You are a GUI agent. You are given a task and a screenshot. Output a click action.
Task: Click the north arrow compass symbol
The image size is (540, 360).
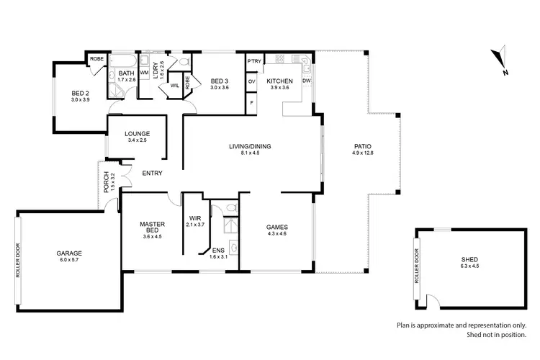click(x=502, y=62)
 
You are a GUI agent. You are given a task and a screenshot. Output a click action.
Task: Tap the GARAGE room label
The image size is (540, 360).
click(x=70, y=253)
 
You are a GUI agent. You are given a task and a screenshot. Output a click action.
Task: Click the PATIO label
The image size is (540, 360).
click(x=361, y=146)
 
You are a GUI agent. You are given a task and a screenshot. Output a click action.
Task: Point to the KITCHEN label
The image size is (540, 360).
click(x=278, y=81)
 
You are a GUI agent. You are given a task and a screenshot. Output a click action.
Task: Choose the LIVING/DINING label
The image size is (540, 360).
click(x=250, y=146)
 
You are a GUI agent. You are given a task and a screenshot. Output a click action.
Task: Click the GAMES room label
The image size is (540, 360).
click(x=277, y=226)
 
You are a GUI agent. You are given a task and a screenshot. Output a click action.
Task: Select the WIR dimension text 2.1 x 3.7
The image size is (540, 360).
click(x=195, y=225)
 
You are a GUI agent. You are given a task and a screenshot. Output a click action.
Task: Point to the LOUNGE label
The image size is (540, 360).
click(x=137, y=133)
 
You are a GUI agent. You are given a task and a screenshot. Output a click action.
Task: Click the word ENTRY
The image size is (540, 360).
click(x=152, y=173)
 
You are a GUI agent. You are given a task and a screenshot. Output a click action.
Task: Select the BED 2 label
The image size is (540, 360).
click(x=80, y=93)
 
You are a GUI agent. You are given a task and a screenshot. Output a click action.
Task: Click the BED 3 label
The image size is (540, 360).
click(x=219, y=81)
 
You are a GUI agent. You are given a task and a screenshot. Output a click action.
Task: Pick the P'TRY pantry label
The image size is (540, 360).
click(x=253, y=62)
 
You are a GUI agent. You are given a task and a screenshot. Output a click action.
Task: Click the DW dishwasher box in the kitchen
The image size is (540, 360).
click(x=307, y=81)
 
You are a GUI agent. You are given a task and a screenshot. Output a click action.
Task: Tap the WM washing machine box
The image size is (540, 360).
click(x=144, y=73)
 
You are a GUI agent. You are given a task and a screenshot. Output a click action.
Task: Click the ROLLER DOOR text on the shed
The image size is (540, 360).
click(x=416, y=265)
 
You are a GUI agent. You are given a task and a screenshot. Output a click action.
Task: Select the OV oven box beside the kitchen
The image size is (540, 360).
click(x=252, y=81)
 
